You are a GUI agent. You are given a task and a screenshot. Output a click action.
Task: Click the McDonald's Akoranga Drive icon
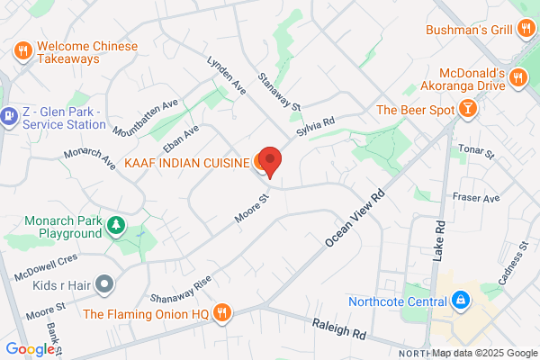(x=517, y=79)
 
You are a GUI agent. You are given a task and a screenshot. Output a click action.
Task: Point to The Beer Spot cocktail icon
(x=467, y=110)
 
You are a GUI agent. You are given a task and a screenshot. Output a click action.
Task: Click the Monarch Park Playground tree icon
(x=115, y=224)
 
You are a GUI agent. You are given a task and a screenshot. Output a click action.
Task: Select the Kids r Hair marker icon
(x=104, y=284)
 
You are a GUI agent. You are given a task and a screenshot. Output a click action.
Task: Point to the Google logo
(x=30, y=349)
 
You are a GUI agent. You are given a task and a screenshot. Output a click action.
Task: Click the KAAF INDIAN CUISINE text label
(x=187, y=163)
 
